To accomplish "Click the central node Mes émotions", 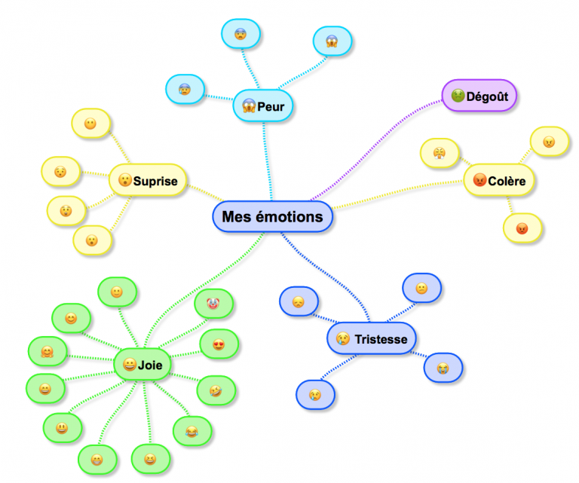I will (x=272, y=217).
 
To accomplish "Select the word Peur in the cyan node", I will (x=271, y=107).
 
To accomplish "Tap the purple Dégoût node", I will (x=486, y=96).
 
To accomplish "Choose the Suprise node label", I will (x=155, y=181).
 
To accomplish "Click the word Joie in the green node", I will (x=150, y=365).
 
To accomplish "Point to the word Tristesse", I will (x=381, y=339).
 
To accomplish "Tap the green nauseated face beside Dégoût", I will (x=458, y=96).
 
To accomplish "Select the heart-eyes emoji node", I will (x=219, y=344).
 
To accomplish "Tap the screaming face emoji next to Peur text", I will (x=248, y=107).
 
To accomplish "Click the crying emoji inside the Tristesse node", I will (x=342, y=339).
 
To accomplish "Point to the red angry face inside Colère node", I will (x=479, y=181).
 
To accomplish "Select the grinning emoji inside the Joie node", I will (x=129, y=365).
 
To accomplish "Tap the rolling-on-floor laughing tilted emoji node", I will (x=216, y=390).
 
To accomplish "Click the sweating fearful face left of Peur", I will (x=185, y=89).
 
